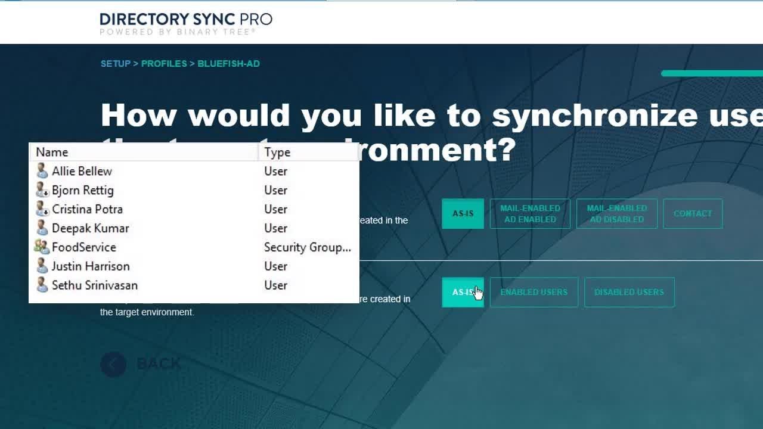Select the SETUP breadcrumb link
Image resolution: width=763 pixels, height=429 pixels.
pyautogui.click(x=116, y=64)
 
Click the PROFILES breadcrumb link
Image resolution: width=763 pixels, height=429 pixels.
pyautogui.click(x=164, y=64)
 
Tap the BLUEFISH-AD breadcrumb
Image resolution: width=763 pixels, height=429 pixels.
pyautogui.click(x=228, y=64)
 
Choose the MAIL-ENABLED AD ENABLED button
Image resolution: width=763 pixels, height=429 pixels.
pyautogui.click(x=530, y=213)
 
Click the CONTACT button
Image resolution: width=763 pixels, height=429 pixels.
pyautogui.click(x=692, y=213)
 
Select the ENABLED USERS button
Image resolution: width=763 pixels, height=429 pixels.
pyautogui.click(x=534, y=292)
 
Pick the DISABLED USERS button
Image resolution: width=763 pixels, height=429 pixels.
pyautogui.click(x=629, y=292)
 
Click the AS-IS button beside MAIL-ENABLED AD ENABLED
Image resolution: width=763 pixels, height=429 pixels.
pyautogui.click(x=463, y=213)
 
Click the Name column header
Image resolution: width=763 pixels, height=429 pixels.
pyautogui.click(x=52, y=152)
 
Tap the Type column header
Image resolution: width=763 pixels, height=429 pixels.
pyautogui.click(x=277, y=152)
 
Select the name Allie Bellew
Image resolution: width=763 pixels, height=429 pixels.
pyautogui.click(x=82, y=171)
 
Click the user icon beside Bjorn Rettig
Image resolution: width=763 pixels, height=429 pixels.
pyautogui.click(x=42, y=190)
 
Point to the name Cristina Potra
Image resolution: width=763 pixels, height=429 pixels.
pyautogui.click(x=87, y=209)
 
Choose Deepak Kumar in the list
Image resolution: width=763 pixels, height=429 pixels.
pyautogui.click(x=90, y=228)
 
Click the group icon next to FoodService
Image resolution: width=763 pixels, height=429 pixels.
pyautogui.click(x=42, y=247)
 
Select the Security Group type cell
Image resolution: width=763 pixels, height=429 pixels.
pyautogui.click(x=307, y=247)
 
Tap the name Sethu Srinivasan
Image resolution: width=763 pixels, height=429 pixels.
pyautogui.click(x=94, y=285)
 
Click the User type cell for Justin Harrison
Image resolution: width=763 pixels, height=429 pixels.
pyautogui.click(x=275, y=266)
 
